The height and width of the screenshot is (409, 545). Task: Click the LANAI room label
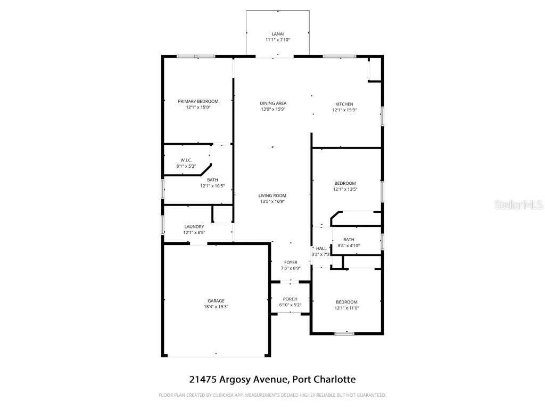277,34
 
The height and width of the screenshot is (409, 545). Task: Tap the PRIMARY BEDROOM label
198,101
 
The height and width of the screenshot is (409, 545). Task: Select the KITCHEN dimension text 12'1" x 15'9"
344,110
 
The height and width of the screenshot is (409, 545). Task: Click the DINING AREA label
274,103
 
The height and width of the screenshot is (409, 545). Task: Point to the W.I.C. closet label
186,160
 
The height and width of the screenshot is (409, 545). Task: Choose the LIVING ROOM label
272,195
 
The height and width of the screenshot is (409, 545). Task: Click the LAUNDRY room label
194,226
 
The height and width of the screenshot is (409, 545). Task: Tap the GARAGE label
216,301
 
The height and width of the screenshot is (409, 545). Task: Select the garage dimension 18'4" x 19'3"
216,307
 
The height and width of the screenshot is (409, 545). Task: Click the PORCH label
290,299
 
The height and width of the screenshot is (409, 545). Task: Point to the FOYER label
291,262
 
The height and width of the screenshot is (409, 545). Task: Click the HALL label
321,248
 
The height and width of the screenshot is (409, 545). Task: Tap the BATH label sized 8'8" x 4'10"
349,240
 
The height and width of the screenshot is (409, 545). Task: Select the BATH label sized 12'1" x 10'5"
212,180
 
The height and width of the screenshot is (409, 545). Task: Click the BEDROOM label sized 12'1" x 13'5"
345,183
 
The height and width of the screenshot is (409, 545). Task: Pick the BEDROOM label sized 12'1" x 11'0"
346,302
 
